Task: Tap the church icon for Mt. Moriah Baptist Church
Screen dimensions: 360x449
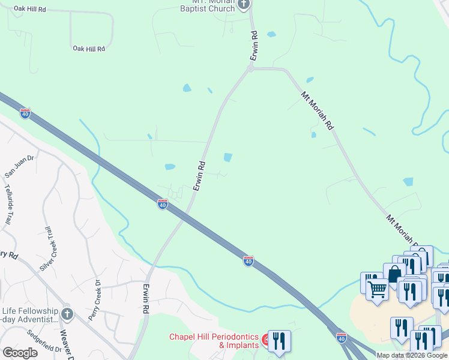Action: click(244, 5)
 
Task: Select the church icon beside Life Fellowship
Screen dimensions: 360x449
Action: click(67, 314)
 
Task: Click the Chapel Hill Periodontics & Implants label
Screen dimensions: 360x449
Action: click(213, 341)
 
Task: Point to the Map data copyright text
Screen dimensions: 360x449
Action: click(412, 355)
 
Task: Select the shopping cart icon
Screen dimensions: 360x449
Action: click(377, 289)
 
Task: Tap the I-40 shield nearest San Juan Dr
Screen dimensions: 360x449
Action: click(25, 113)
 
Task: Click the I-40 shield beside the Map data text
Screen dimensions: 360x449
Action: click(341, 338)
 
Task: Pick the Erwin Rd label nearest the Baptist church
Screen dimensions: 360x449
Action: click(255, 45)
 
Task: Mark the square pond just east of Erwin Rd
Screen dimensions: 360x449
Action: click(228, 157)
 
